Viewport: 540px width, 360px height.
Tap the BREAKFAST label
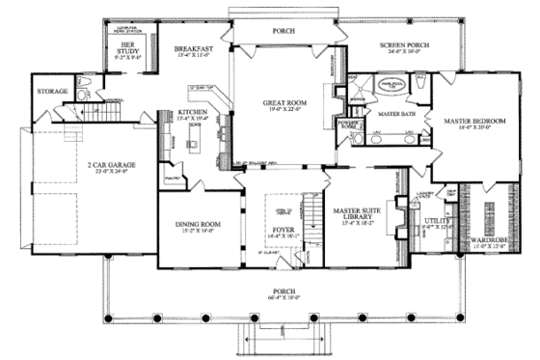point(193,48)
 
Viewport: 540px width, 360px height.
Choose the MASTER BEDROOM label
point(470,123)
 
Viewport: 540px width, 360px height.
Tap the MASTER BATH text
point(396,114)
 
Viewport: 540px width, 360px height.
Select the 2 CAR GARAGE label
point(110,165)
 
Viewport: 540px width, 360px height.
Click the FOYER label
point(283,229)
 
